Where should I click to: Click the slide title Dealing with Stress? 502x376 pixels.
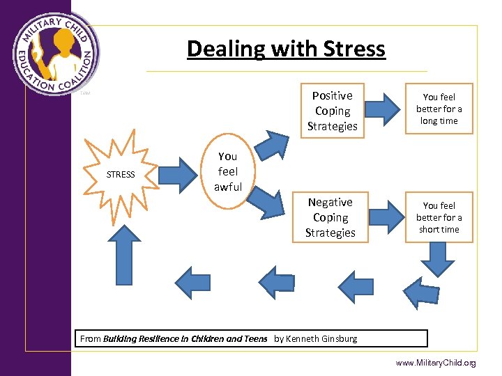click(286, 49)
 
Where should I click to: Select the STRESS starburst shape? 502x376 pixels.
click(120, 174)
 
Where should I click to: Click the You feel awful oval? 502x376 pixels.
click(227, 171)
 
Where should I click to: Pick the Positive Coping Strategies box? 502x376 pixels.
click(332, 111)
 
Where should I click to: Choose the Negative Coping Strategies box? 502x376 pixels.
click(330, 217)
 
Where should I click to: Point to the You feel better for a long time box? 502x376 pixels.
click(439, 109)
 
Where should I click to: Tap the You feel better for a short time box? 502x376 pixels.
click(439, 217)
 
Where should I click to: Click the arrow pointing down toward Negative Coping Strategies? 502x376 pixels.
click(268, 201)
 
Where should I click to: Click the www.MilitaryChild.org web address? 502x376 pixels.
click(435, 363)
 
